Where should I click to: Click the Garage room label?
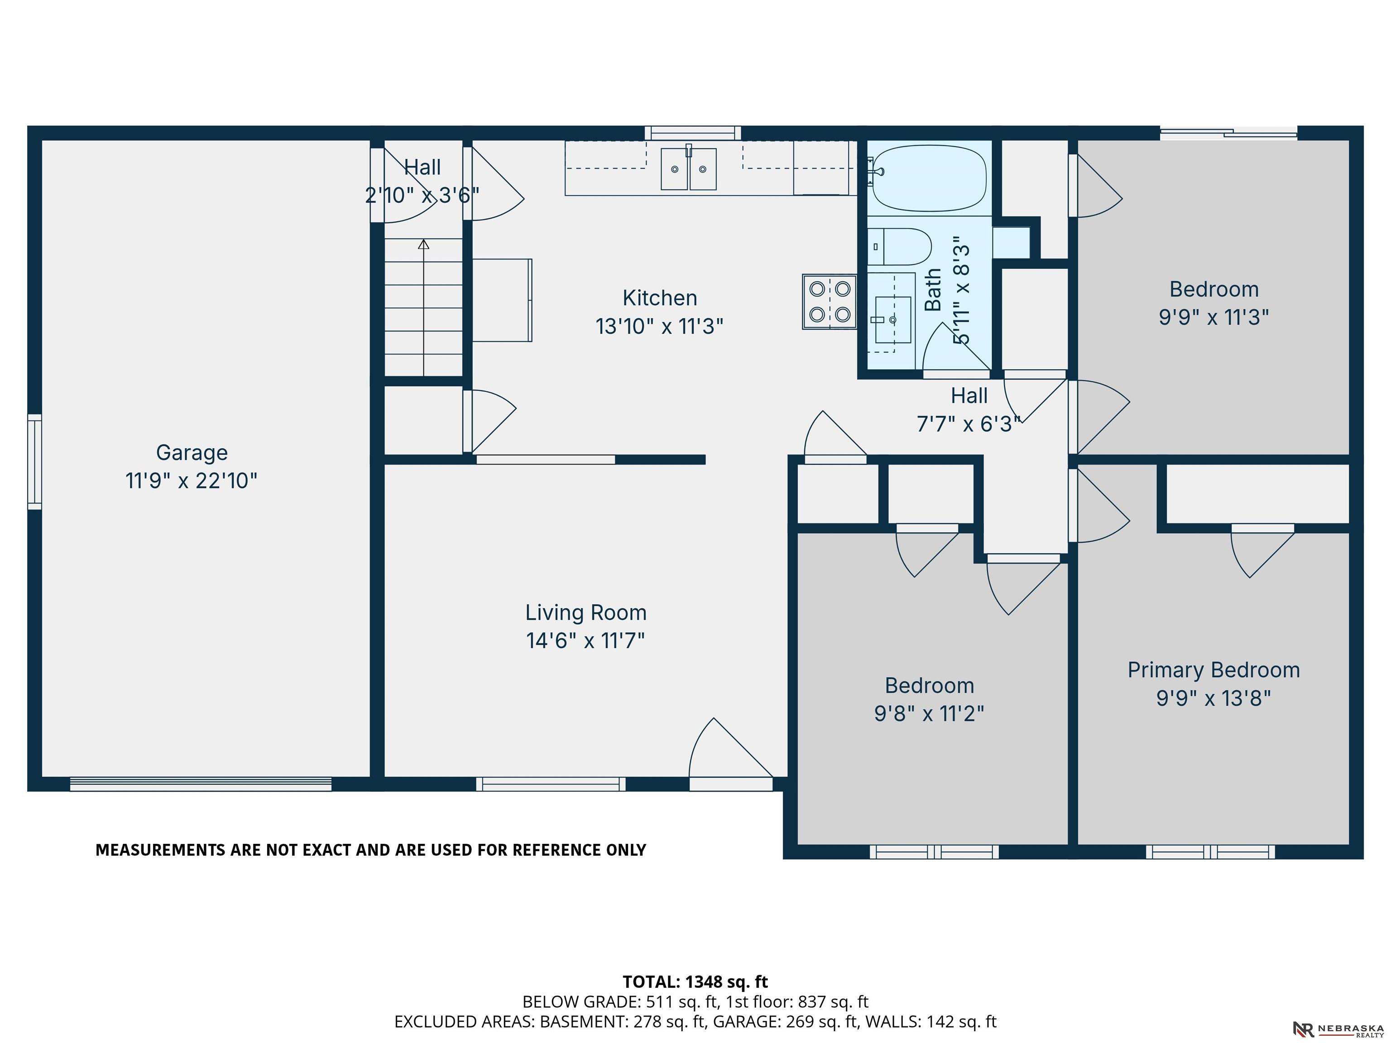coord(192,453)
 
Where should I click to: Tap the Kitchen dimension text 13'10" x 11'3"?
coord(660,327)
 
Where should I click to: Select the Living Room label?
coord(586,613)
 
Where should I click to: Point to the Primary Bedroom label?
coord(1214,670)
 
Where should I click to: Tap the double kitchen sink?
coord(689,168)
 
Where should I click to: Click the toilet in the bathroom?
coord(900,246)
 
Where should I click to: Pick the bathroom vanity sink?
coord(893,320)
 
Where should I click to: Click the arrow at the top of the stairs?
coord(424,244)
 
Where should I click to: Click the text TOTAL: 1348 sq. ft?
coord(695,981)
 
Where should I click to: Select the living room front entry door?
coord(731,755)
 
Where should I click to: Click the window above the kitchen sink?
coord(692,133)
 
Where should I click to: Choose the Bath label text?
coord(933,290)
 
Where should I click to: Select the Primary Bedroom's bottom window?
coord(1210,852)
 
